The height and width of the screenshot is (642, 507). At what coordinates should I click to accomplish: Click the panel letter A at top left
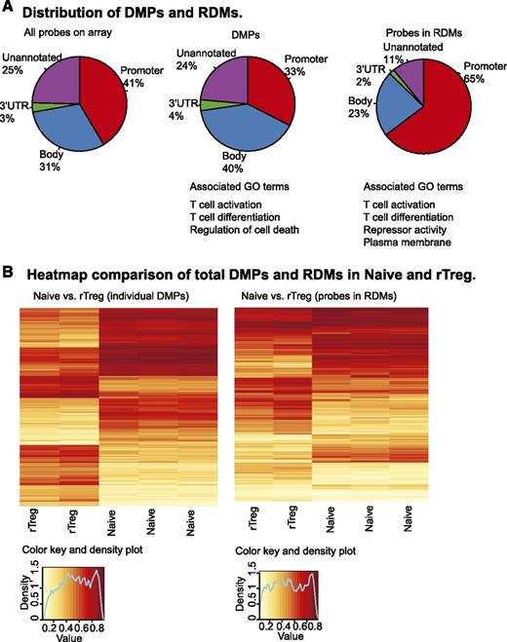[9, 11]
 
